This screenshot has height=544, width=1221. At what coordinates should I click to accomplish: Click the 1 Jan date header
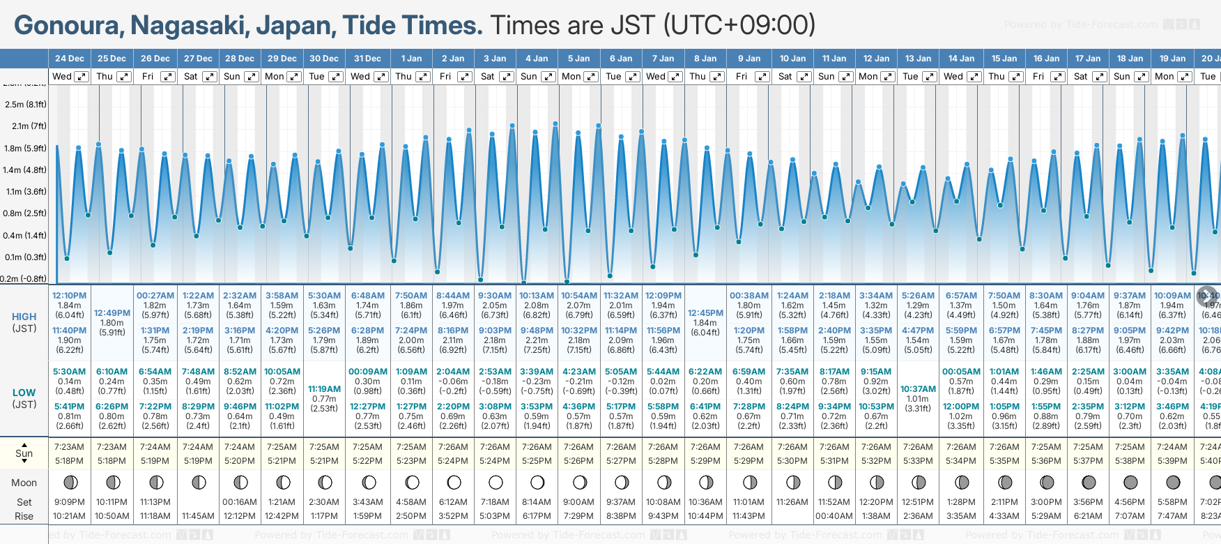click(411, 59)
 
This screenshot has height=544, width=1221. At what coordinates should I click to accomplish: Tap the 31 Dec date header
click(367, 59)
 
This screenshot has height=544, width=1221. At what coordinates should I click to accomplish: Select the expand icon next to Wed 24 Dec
click(82, 77)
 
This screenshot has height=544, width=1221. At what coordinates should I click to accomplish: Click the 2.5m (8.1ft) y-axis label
click(25, 105)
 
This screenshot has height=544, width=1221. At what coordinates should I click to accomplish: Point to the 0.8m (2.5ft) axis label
click(25, 213)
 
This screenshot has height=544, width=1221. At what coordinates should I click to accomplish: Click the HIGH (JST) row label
click(24, 322)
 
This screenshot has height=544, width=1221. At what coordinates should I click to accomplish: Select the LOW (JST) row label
click(24, 398)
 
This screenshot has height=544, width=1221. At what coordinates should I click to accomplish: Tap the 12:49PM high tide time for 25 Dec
click(112, 313)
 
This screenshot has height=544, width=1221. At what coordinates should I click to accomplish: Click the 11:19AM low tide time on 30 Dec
click(324, 389)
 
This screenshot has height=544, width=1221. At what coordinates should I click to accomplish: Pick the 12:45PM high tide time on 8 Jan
click(705, 313)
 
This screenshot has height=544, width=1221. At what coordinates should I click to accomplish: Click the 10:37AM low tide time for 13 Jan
click(918, 389)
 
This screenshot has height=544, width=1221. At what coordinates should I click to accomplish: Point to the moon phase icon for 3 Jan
click(496, 482)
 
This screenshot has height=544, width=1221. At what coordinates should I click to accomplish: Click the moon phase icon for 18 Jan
click(1130, 482)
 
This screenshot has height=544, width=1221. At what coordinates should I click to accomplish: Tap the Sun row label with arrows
click(24, 453)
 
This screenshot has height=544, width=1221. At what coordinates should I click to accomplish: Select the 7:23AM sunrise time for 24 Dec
click(69, 447)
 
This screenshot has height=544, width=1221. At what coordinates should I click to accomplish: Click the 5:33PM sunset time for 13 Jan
click(918, 461)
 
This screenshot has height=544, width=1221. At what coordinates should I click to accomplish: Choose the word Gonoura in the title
click(67, 26)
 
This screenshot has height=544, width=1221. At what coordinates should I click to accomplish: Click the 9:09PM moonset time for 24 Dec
click(69, 502)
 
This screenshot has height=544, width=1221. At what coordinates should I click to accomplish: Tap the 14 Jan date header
click(961, 59)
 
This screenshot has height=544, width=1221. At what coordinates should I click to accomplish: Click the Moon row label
click(24, 483)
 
